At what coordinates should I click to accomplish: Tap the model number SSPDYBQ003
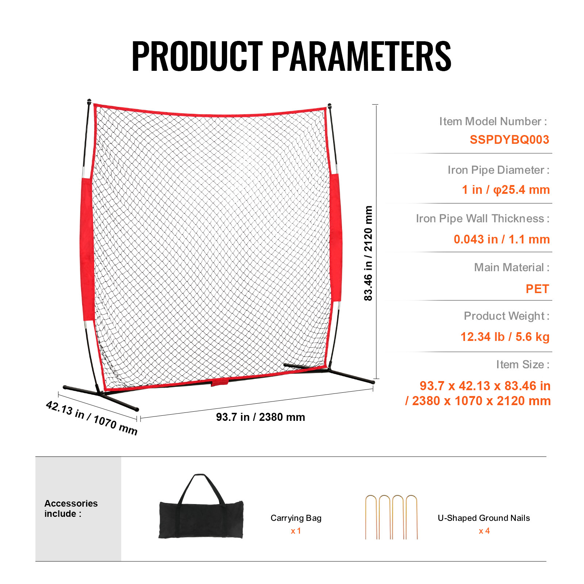pyautogui.click(x=509, y=139)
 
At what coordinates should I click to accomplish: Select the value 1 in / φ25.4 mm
pyautogui.click(x=506, y=190)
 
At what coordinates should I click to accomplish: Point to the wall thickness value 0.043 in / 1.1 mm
pyautogui.click(x=502, y=239)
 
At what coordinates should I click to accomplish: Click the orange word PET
pyautogui.click(x=537, y=289)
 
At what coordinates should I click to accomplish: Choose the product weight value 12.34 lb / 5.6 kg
pyautogui.click(x=505, y=337)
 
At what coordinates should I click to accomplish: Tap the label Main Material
pyautogui.click(x=512, y=267)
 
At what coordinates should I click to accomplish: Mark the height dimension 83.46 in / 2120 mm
pyautogui.click(x=368, y=253)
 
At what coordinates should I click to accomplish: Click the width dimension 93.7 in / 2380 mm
pyautogui.click(x=261, y=417)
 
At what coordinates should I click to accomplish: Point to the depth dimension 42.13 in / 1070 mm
pyautogui.click(x=92, y=418)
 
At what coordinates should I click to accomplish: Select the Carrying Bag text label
pyautogui.click(x=296, y=518)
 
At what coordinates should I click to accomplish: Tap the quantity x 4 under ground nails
pyautogui.click(x=484, y=531)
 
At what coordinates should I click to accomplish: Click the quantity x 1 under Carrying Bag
pyautogui.click(x=296, y=531)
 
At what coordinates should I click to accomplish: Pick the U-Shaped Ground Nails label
pyautogui.click(x=484, y=518)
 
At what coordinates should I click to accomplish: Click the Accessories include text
pyautogui.click(x=71, y=508)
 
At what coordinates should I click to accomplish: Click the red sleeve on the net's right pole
pyautogui.click(x=336, y=237)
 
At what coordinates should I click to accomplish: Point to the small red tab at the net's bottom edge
pyautogui.click(x=220, y=383)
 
